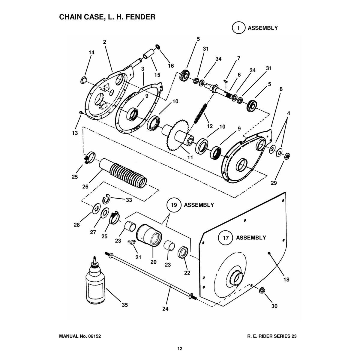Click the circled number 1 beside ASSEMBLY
point(238,28)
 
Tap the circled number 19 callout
point(174,205)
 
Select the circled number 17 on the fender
point(226,238)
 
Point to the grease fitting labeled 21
point(131,243)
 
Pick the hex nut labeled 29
point(287,156)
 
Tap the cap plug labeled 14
point(83,80)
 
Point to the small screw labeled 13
point(81,112)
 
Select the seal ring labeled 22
point(183,252)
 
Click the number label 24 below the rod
point(165,309)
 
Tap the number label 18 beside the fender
point(286,280)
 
